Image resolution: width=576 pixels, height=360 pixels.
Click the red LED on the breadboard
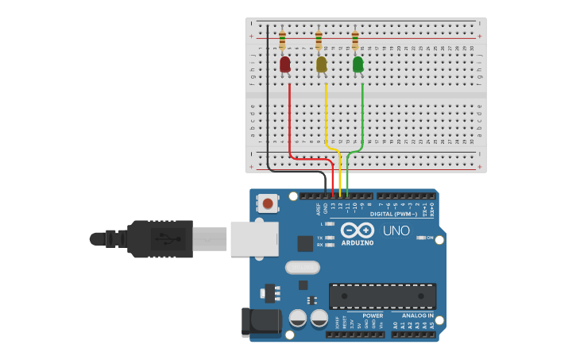click(285, 64)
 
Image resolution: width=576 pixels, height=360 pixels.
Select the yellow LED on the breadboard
click(321, 64)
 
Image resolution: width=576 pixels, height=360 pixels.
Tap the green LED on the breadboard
click(358, 64)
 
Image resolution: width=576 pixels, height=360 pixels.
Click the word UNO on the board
click(396, 230)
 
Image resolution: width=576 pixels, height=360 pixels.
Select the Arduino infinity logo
click(357, 230)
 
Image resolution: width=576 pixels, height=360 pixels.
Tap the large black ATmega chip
click(382, 296)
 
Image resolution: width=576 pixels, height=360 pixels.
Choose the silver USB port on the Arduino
click(254, 238)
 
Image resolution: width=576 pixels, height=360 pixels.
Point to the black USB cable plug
click(159, 238)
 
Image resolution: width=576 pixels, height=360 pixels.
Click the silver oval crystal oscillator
click(302, 267)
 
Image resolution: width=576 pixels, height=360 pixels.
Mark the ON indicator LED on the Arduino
click(422, 238)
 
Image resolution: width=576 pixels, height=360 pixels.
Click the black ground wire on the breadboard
click(268, 103)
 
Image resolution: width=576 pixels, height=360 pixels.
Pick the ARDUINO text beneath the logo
click(358, 242)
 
